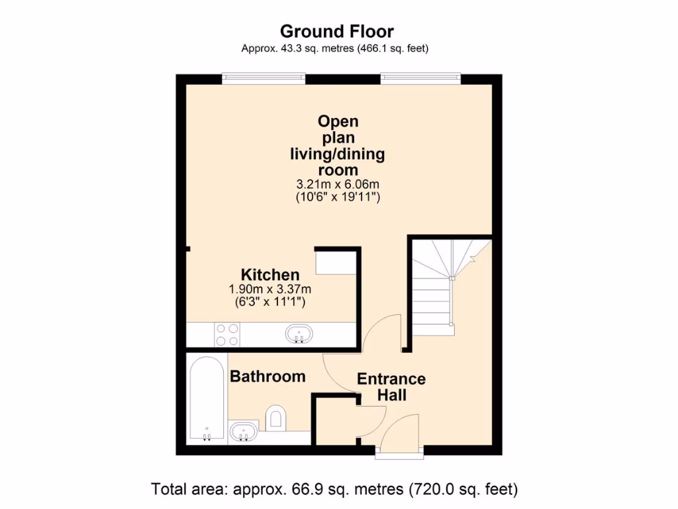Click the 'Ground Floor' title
pos(336,31)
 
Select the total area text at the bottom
pos(334,490)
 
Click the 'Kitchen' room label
pos(269,274)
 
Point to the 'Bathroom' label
pos(267,376)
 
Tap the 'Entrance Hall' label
pos(391,387)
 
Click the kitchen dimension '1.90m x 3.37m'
pos(269,289)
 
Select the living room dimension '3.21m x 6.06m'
pos(337,184)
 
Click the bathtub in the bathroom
pos(207,398)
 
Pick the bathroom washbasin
pos(244,432)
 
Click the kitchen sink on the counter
pos(301,333)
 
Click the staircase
pos(437,285)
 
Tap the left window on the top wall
pos(264,79)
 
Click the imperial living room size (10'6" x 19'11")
pos(337,197)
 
